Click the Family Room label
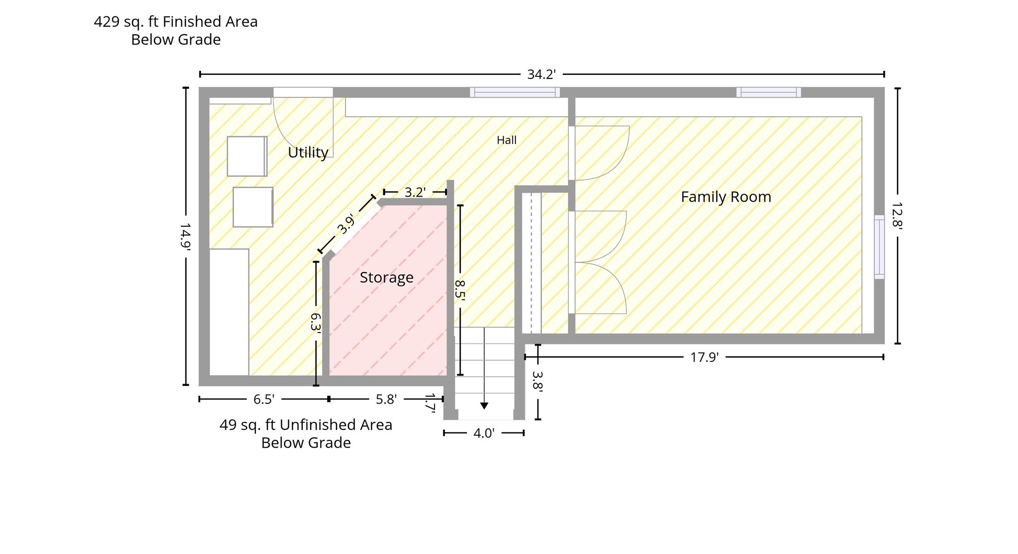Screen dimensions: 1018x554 (726, 197)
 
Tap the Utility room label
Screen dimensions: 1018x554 (308, 152)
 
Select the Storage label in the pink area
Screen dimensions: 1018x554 (386, 277)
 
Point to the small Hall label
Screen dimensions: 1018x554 (507, 140)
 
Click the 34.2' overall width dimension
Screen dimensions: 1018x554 (541, 74)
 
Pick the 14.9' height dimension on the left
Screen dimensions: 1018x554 (185, 236)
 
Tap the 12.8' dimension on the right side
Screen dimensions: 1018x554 (897, 215)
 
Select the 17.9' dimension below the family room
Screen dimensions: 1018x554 (704, 357)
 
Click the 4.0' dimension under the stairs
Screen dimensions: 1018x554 (484, 433)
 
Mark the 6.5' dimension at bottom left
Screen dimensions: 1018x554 (264, 400)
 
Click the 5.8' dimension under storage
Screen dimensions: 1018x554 (386, 400)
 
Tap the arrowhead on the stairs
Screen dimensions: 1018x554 (484, 406)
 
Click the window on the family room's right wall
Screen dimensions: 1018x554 (879, 247)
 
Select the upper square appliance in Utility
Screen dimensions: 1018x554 (247, 156)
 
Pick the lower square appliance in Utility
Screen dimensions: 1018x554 (253, 207)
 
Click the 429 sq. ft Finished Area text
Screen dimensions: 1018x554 (176, 22)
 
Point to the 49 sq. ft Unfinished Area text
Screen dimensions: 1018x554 (306, 425)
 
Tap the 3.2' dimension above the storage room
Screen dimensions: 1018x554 (415, 192)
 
